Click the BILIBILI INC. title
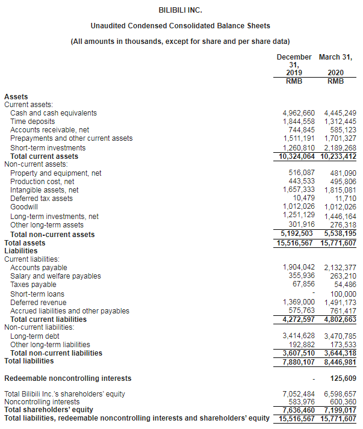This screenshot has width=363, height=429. pyautogui.click(x=181, y=10)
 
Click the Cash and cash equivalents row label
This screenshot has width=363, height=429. pyautogui.click(x=54, y=113)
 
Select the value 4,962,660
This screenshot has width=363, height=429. pyautogui.click(x=299, y=113)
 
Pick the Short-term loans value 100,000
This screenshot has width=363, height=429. pyautogui.click(x=343, y=294)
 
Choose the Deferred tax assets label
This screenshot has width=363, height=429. pyautogui.click(x=42, y=199)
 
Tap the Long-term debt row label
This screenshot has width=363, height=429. pyautogui.click(x=35, y=336)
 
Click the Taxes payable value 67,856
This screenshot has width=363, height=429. pyautogui.click(x=303, y=284)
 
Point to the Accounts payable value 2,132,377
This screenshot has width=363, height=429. pyautogui.click(x=340, y=268)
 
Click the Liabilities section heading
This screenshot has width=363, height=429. pyautogui.click(x=20, y=251)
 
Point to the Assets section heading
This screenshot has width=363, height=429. pyautogui.click(x=16, y=96)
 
